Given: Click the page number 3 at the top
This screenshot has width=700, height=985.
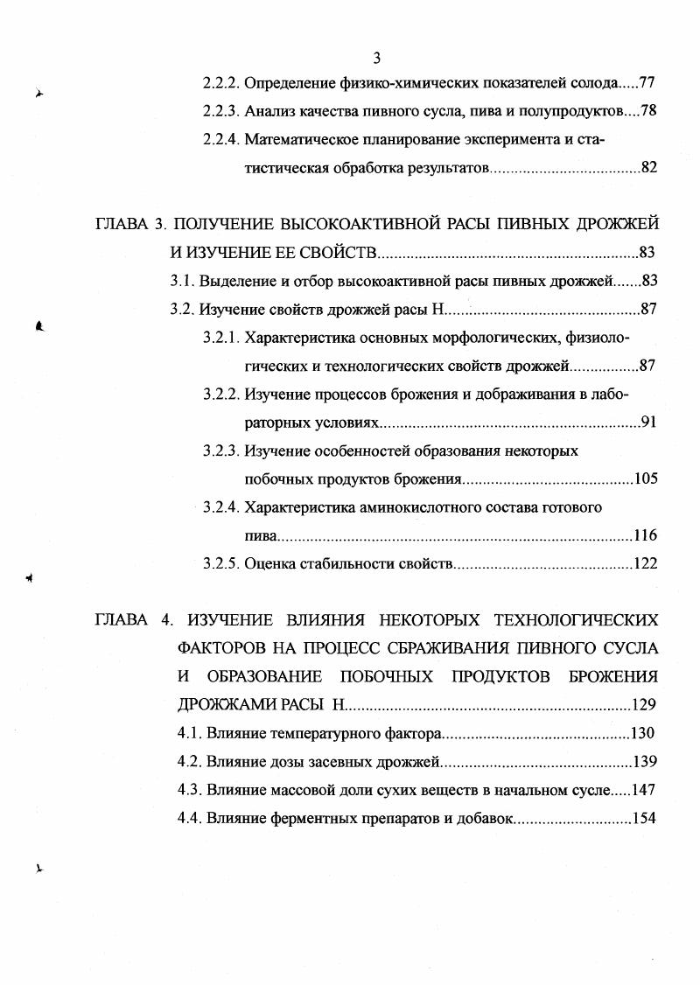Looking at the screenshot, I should coord(376,59).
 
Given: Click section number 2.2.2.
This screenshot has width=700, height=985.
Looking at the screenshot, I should coord(221,85).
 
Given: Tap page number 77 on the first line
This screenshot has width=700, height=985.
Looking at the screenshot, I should coord(648,85).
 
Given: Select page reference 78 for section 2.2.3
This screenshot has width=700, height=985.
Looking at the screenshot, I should coord(648,112).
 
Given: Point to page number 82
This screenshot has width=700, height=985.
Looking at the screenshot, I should coord(648,167).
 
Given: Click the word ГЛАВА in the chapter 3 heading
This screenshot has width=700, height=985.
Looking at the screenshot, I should coord(122,225).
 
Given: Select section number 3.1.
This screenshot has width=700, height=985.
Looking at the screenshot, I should coord(182,282).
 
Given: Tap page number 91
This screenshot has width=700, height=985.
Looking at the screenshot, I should coord(648,423).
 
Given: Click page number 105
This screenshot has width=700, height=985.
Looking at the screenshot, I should coord(646,479).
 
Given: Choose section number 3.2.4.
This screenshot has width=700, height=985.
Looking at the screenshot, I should coord(221,507).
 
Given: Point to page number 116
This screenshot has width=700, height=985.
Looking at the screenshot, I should coord(646,535).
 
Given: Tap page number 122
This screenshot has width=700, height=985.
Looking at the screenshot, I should coord(646,563).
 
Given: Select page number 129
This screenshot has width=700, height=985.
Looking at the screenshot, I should coord(644,705).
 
